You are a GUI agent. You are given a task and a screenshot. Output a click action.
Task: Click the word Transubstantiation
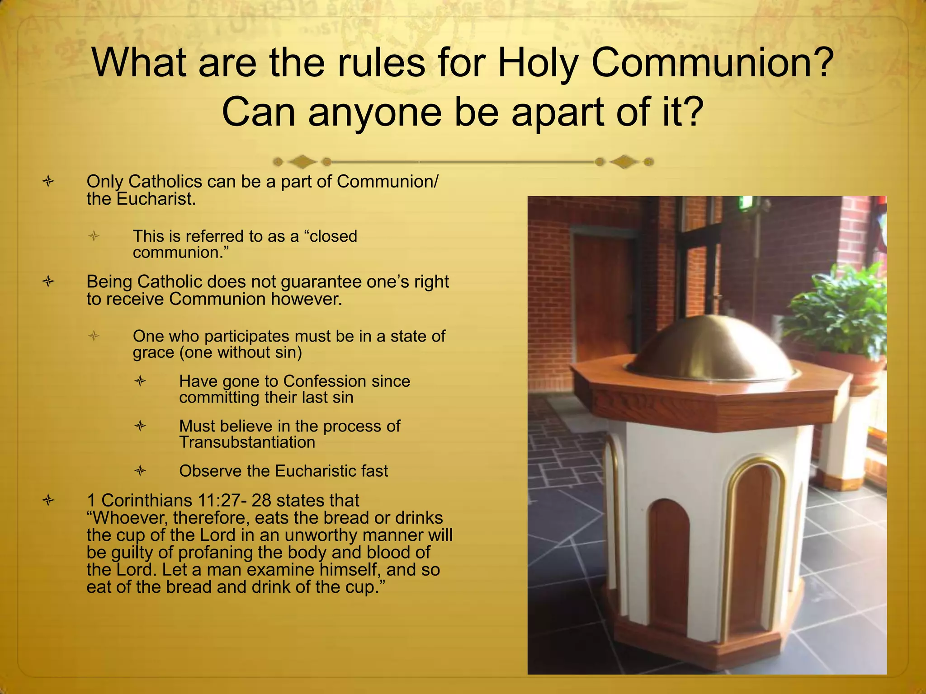point(247,442)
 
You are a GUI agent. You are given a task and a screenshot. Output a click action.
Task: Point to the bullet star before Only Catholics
point(48,182)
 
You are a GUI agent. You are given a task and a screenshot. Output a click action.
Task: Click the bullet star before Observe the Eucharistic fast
point(141,471)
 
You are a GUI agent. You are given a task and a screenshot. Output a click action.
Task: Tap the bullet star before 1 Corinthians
point(48,500)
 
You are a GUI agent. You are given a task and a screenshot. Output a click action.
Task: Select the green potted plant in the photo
point(836,307)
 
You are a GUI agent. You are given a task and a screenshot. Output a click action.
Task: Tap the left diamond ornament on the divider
point(302,161)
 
